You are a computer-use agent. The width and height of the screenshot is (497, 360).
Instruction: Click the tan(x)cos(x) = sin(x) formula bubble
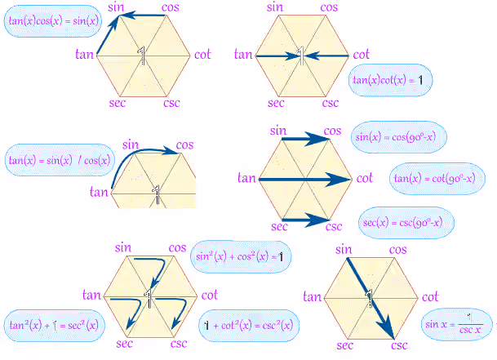tap(53, 21)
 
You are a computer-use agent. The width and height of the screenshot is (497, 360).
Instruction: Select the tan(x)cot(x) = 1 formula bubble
tap(390, 80)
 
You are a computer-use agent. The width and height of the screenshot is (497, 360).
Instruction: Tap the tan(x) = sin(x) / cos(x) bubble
tap(60, 160)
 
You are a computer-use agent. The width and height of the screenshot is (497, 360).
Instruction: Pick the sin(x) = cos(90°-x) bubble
tap(399, 137)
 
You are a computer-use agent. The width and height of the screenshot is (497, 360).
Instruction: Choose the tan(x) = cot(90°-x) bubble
tap(437, 179)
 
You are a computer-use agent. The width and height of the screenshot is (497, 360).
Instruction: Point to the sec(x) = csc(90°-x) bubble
tap(406, 222)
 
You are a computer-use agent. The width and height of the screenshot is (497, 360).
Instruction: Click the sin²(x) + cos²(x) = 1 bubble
tap(241, 256)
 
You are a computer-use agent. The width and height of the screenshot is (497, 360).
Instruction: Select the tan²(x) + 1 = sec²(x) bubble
tap(54, 326)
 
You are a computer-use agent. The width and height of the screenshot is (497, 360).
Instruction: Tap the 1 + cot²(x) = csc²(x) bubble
tap(249, 326)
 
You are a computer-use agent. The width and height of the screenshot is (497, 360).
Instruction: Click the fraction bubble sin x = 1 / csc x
tap(457, 324)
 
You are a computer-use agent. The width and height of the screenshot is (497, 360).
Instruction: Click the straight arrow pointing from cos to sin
tap(143, 15)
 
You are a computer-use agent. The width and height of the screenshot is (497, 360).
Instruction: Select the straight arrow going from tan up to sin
tap(108, 35)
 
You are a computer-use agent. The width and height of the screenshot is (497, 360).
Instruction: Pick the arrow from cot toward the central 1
tap(327, 56)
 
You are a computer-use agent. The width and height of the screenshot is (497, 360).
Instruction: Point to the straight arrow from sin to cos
tap(306, 139)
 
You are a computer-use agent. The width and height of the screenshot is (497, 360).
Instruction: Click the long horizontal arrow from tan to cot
tap(305, 180)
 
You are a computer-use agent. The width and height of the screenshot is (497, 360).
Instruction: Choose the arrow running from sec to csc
tap(306, 220)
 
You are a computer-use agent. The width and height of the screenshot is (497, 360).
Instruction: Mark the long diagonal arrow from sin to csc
tap(371, 299)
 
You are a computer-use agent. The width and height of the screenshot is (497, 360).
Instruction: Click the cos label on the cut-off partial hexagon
tap(184, 145)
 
